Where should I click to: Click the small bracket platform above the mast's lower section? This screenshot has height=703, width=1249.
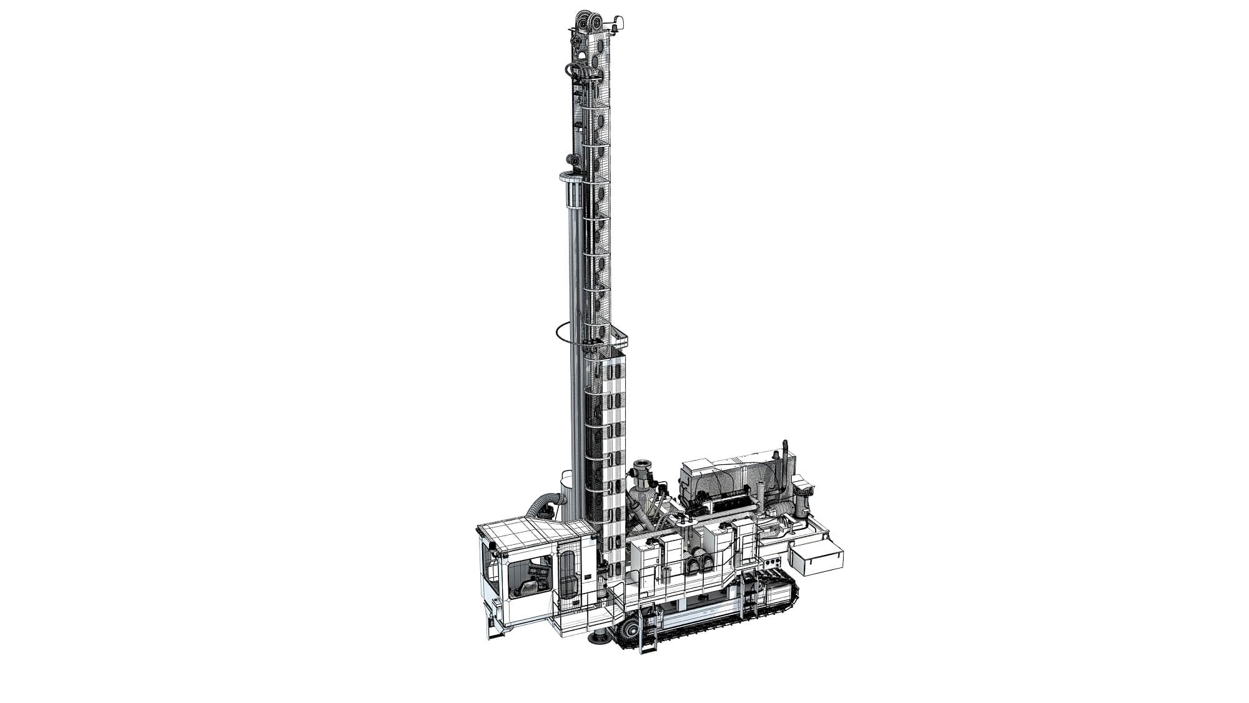[618, 341]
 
